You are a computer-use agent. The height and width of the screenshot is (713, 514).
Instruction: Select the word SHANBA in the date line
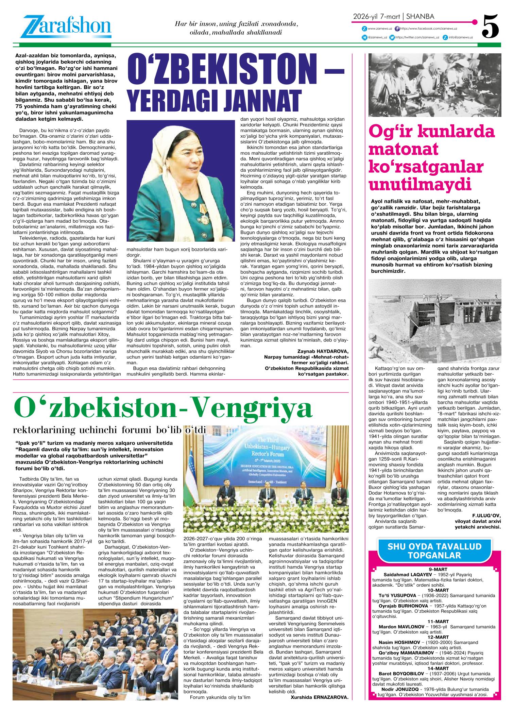click(x=420, y=16)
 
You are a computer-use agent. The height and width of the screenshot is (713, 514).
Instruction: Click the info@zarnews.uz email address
click(x=461, y=37)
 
